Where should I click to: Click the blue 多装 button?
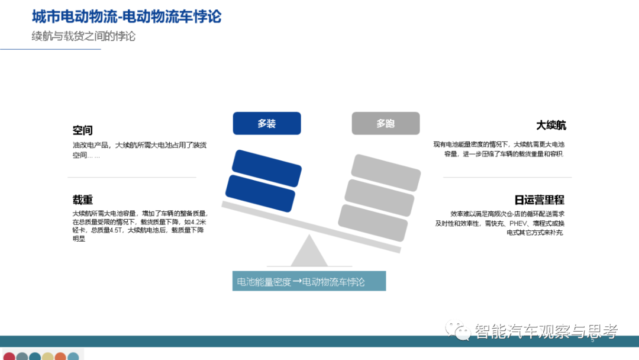[267, 124]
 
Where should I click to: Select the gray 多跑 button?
[386, 124]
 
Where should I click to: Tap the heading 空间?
[83, 130]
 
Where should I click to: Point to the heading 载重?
[83, 200]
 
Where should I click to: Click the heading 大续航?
[551, 126]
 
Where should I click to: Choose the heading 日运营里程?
[539, 200]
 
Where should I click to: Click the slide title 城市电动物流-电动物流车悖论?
[127, 17]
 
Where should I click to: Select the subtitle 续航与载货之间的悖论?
[83, 36]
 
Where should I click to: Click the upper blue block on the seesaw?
[267, 168]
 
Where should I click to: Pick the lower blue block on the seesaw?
[260, 193]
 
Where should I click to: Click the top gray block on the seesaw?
[386, 172]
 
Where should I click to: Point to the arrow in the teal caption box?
[297, 282]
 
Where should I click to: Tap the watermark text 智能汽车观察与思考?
[546, 332]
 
